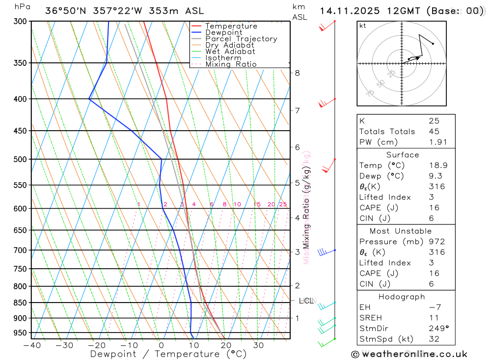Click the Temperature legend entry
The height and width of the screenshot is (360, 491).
pyautogui.click(x=231, y=26)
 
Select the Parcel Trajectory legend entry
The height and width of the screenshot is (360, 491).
pyautogui.click(x=241, y=39)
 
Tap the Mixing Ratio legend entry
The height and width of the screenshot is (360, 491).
pyautogui.click(x=231, y=64)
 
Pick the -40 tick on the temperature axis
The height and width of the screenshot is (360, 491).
pyautogui.click(x=32, y=345)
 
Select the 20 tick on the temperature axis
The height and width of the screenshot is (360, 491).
pyautogui.click(x=226, y=345)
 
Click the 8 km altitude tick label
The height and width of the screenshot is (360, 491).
pyautogui.click(x=297, y=73)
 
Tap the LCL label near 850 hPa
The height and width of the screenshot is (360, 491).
pyautogui.click(x=306, y=301)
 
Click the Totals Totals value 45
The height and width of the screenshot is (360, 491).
pyautogui.click(x=434, y=131)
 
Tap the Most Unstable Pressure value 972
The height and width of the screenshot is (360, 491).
pyautogui.click(x=436, y=242)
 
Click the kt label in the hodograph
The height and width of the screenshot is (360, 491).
pyautogui.click(x=363, y=26)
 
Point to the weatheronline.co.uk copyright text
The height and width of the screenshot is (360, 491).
pyautogui.click(x=409, y=354)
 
